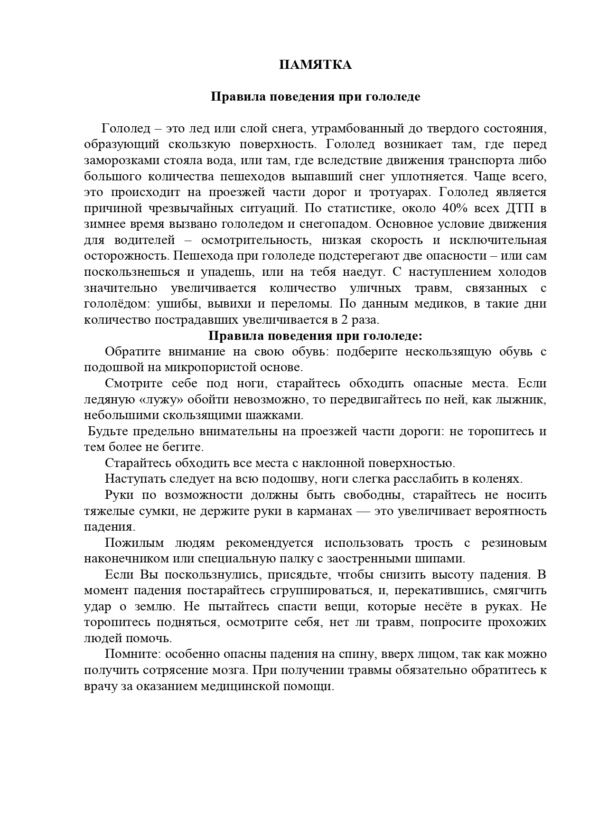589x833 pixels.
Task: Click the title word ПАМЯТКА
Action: [315, 65]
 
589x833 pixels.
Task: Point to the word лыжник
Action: [523, 400]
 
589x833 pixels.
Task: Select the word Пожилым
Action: [134, 543]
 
